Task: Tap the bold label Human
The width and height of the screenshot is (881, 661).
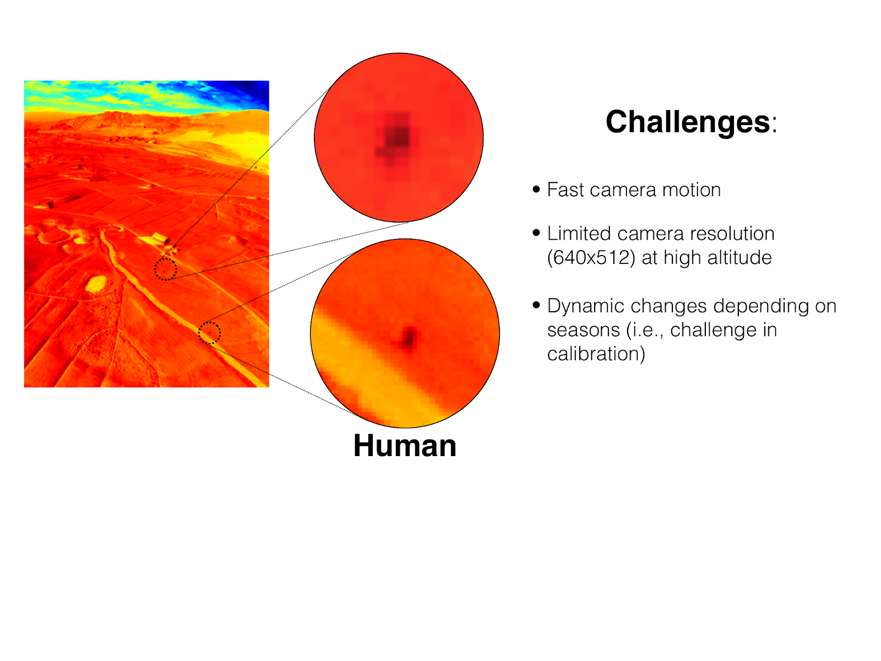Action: tap(405, 446)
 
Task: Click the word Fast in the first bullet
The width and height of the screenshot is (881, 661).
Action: tap(563, 189)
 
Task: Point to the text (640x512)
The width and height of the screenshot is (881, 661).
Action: tap(591, 258)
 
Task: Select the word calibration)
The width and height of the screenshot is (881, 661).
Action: tap(596, 354)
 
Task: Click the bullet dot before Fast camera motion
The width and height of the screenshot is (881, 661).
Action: tap(536, 189)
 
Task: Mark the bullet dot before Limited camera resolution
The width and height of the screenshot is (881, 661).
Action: tap(536, 233)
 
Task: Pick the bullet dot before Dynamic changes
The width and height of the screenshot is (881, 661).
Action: tap(536, 305)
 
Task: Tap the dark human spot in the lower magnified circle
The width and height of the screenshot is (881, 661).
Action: tap(407, 338)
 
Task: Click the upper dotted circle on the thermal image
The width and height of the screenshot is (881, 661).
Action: tap(165, 259)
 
